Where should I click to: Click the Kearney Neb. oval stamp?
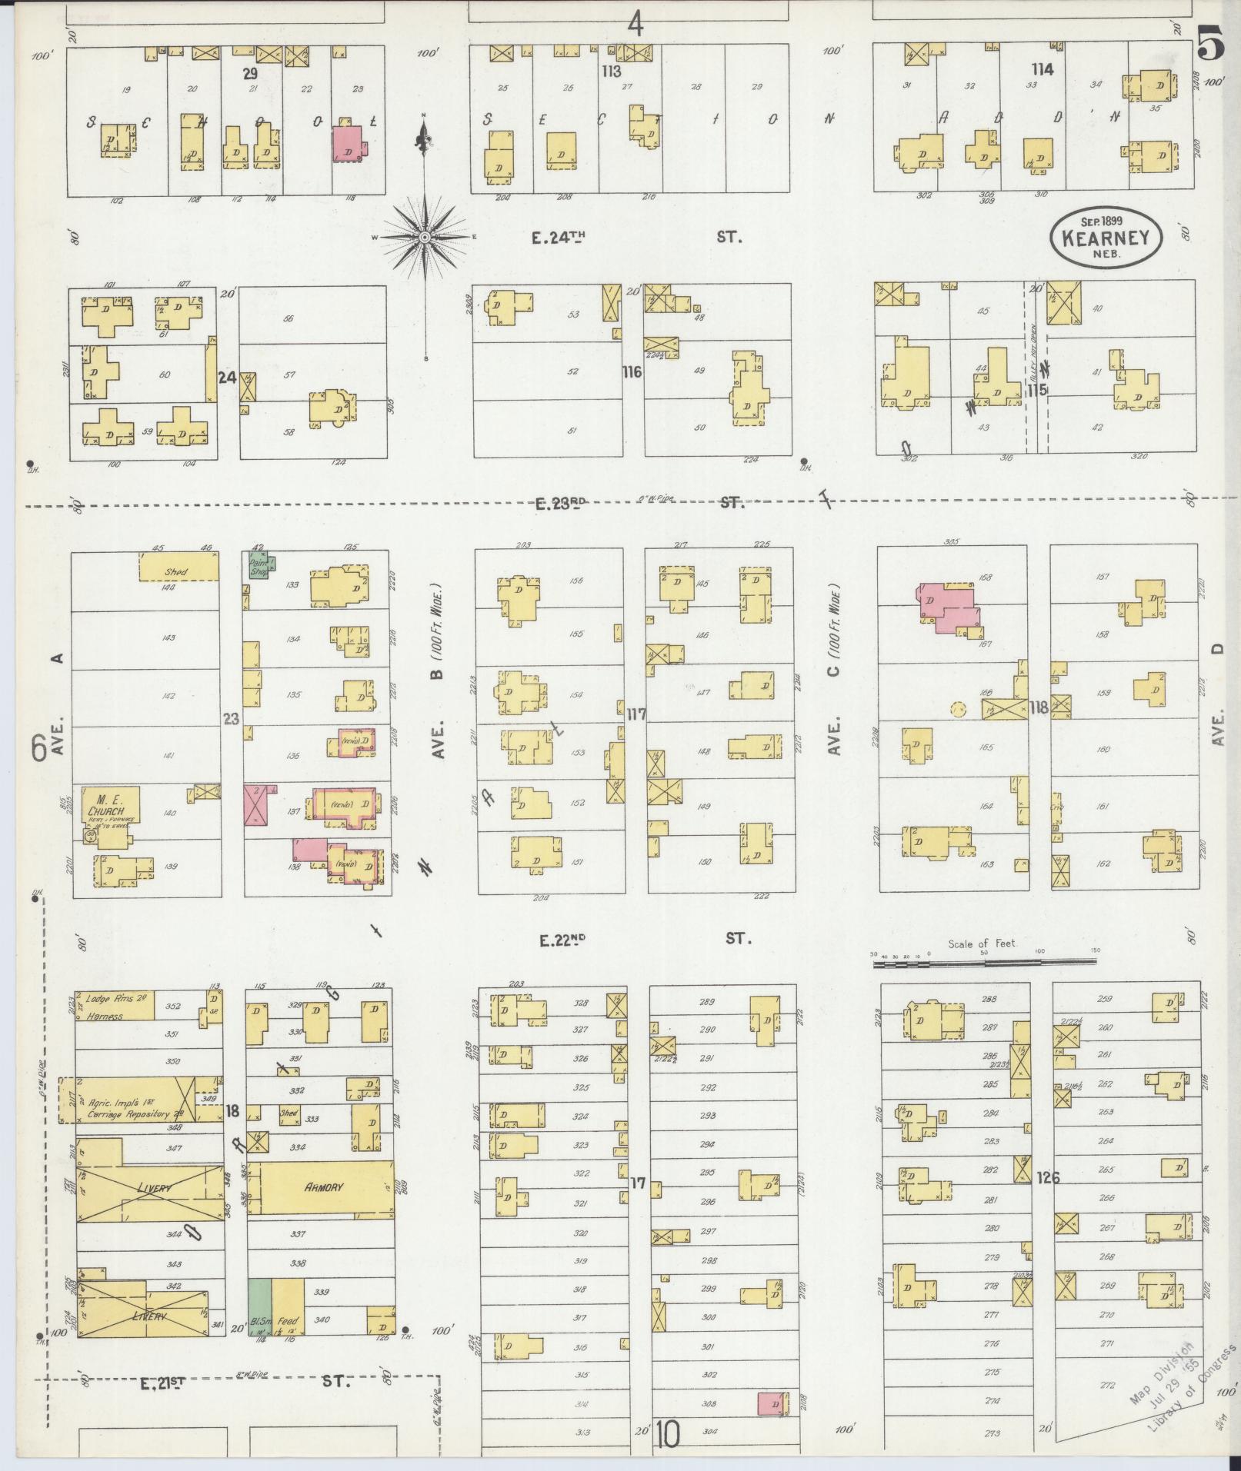click(1106, 238)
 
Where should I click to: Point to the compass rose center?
click(424, 238)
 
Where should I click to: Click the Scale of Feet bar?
click(982, 960)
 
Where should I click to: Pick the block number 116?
click(632, 372)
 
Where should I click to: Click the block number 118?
click(1039, 707)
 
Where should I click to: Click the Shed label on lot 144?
click(178, 572)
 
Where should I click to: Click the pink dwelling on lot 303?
click(772, 1403)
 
